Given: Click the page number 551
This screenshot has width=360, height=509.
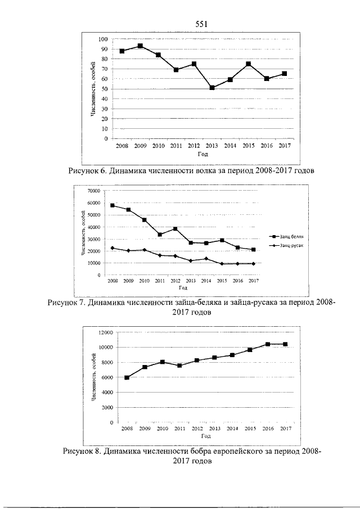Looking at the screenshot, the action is (201, 24).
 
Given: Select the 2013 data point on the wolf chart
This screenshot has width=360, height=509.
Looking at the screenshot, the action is (212, 88).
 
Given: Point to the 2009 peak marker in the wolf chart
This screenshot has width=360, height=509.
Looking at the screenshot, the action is (140, 46).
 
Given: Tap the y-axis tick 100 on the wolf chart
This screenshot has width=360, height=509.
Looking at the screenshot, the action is (103, 39).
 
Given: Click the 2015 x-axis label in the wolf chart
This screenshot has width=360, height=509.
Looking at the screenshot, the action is (248, 146).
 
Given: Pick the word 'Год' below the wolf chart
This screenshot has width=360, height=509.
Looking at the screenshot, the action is (202, 154).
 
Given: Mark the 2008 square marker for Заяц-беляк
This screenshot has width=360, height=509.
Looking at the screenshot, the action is (112, 205).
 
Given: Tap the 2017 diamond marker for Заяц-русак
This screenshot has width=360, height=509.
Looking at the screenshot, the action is (253, 264).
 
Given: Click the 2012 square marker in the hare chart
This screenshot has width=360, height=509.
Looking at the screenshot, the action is (175, 228).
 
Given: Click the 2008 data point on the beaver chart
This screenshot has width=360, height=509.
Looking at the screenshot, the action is (127, 377).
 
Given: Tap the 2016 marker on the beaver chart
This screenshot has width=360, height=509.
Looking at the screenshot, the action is (268, 344).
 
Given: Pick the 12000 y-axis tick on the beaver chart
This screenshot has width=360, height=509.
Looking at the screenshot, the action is (106, 332).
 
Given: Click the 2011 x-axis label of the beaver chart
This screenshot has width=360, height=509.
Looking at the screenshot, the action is (180, 429).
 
